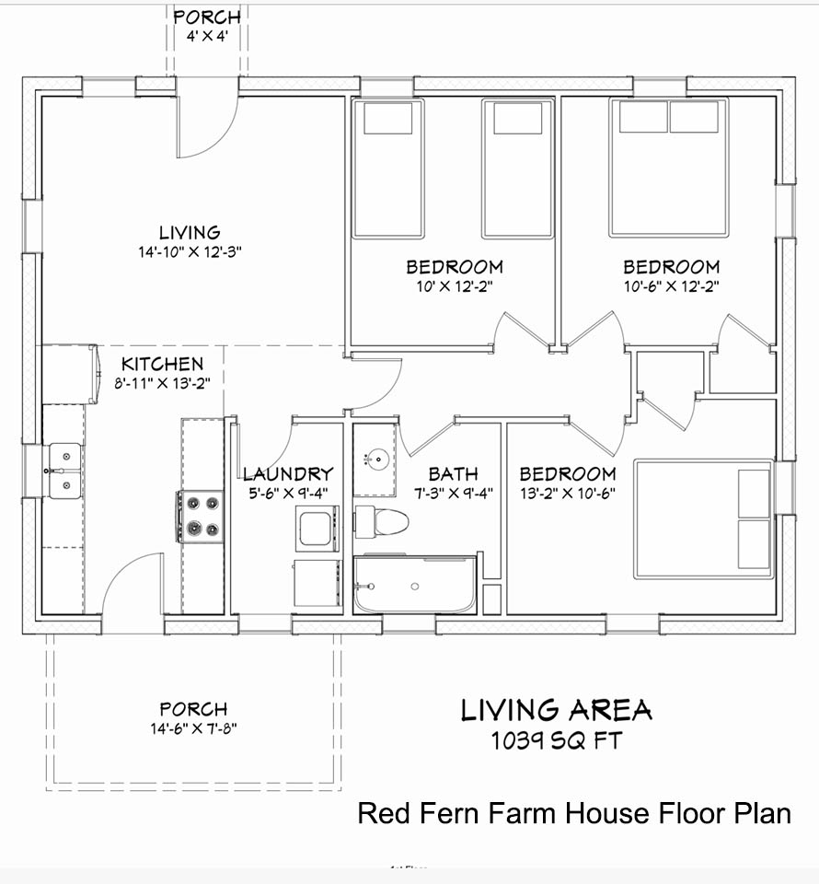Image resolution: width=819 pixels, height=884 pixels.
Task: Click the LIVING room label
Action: point(190,233)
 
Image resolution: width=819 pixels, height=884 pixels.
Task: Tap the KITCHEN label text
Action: point(162,364)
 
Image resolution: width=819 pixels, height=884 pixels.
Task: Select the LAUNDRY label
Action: point(288,473)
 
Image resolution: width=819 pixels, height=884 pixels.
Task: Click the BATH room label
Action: point(453,473)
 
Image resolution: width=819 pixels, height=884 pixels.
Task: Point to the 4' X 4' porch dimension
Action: point(207,37)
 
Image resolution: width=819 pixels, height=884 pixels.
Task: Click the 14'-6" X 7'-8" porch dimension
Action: point(193,728)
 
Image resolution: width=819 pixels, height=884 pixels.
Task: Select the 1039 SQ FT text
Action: point(557,740)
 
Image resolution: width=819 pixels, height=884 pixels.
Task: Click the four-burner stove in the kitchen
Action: point(201,517)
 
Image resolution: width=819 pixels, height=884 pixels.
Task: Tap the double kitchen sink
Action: point(64,471)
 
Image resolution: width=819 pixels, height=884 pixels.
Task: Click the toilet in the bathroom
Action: point(381,522)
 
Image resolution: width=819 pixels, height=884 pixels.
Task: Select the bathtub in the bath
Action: point(415,584)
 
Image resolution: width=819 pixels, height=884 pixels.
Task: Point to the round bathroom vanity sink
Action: point(376,459)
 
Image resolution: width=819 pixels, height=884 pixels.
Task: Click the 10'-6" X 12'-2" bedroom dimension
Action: point(672,286)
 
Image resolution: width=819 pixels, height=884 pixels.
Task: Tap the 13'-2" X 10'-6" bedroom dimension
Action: point(567,494)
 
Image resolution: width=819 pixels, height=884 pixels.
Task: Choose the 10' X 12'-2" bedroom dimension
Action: point(455,286)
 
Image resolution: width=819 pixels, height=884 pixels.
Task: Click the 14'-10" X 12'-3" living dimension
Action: point(190,252)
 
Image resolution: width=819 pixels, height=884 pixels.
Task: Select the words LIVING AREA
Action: point(557,710)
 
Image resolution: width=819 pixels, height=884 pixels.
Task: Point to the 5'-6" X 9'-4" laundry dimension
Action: point(288,494)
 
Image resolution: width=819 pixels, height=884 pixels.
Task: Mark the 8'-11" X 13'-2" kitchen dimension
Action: point(162,383)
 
